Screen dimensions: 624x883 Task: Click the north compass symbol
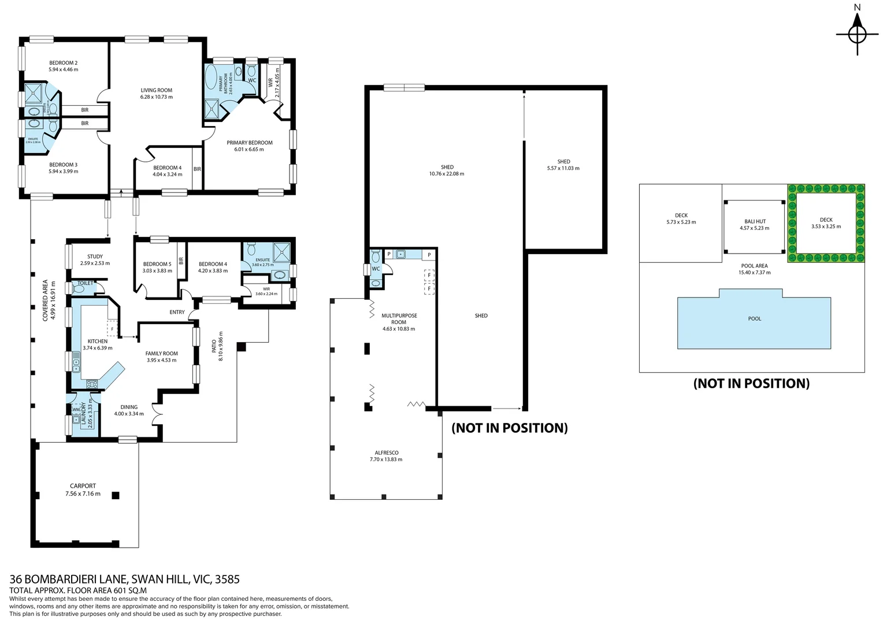[x=857, y=34]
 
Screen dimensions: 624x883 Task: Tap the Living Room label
[x=156, y=91]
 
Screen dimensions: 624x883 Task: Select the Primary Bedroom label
[x=249, y=143]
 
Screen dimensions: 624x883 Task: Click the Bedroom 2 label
[x=63, y=63]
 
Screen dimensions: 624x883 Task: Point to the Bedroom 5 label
[x=157, y=264]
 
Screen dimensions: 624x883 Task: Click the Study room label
[x=95, y=257]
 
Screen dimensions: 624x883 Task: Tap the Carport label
[x=83, y=486]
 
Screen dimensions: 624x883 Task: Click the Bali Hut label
[x=755, y=221]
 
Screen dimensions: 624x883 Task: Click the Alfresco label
[x=386, y=453]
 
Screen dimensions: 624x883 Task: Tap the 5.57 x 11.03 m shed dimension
[x=563, y=169]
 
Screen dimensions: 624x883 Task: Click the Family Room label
[x=161, y=354]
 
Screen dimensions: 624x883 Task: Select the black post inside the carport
[x=116, y=495]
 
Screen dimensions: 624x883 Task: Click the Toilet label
[x=85, y=283]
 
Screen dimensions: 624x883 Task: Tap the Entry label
[x=177, y=312]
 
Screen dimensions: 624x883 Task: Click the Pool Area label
[x=754, y=266]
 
